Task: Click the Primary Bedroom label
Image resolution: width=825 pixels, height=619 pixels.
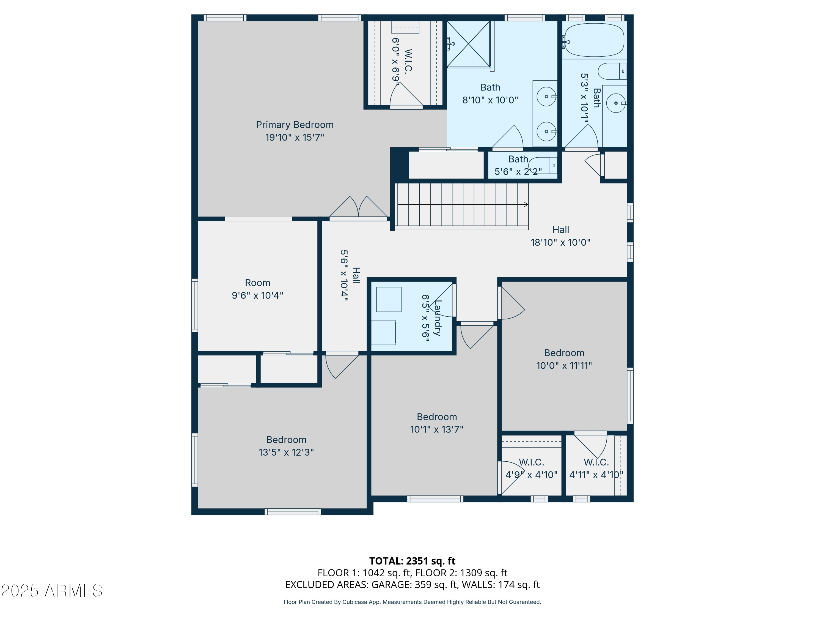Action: point(295,125)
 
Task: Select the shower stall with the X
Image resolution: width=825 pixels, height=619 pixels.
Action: point(468,44)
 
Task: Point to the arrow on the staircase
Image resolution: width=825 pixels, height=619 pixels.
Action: point(526,204)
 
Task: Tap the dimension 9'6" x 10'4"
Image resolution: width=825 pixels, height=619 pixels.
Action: point(257,295)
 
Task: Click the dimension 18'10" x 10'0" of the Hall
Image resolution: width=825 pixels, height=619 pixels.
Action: point(560,243)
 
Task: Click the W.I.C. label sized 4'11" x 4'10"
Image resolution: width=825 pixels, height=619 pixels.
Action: point(596,462)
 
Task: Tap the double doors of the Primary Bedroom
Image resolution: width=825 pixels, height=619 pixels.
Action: point(358,207)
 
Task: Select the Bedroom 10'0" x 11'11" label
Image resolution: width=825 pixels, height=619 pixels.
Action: point(564,353)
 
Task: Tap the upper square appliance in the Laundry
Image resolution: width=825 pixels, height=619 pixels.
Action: point(389,299)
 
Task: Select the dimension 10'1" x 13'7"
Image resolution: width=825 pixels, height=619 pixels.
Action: point(436,429)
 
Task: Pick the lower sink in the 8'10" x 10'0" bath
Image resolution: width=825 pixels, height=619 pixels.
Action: point(546,131)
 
